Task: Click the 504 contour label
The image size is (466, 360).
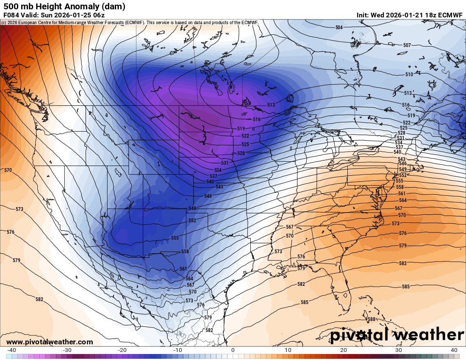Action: tap(339, 28)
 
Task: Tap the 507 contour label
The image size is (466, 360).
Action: tap(407, 45)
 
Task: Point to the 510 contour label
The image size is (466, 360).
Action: tap(409, 75)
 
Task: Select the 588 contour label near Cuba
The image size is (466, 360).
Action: tap(372, 319)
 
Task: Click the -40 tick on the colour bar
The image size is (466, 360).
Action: tap(12, 350)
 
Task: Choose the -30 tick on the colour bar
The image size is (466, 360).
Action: tap(67, 350)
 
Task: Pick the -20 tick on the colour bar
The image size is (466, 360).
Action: tap(122, 350)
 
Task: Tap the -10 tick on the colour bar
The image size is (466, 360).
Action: tap(178, 350)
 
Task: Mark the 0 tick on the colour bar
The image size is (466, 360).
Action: tap(233, 350)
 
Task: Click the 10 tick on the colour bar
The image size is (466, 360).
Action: tap(288, 350)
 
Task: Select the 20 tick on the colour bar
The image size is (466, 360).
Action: tap(344, 350)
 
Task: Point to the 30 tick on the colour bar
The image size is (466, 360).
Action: tap(399, 350)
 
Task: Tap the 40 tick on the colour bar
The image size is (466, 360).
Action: tap(454, 350)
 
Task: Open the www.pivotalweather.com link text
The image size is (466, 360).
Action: tap(50, 342)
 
